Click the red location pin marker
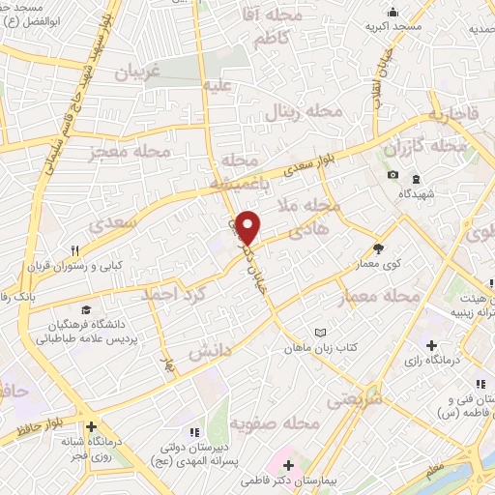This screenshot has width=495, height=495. coord(247,228)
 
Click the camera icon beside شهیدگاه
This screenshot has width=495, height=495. coord(393,174)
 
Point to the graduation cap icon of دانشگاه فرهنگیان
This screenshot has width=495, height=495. coord(86,310)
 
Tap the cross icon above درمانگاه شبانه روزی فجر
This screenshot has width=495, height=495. coord(91,426)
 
